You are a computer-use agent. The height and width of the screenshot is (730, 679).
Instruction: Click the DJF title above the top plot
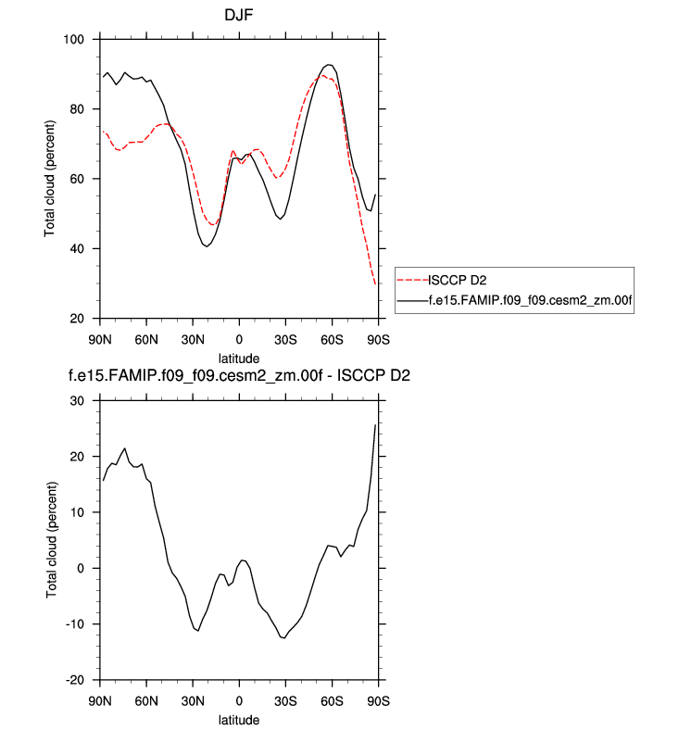click(x=238, y=16)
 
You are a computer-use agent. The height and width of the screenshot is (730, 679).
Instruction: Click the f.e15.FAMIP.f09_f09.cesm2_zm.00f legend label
click(x=529, y=300)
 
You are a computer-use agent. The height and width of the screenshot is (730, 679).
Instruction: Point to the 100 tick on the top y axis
click(x=74, y=40)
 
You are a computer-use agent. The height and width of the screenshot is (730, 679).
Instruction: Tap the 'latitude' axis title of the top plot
click(x=238, y=357)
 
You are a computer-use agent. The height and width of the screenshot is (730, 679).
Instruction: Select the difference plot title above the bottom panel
click(x=238, y=377)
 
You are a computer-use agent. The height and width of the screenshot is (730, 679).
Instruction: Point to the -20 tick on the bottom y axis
click(x=74, y=679)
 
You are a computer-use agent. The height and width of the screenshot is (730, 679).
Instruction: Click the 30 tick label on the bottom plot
click(x=78, y=401)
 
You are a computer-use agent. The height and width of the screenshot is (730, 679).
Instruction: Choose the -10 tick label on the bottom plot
click(x=74, y=623)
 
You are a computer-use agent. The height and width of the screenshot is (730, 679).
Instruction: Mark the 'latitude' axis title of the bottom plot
click(x=238, y=718)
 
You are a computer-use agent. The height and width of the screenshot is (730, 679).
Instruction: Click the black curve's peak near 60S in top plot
click(x=329, y=65)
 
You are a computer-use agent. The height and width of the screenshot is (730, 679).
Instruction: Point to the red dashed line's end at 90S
click(x=375, y=283)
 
